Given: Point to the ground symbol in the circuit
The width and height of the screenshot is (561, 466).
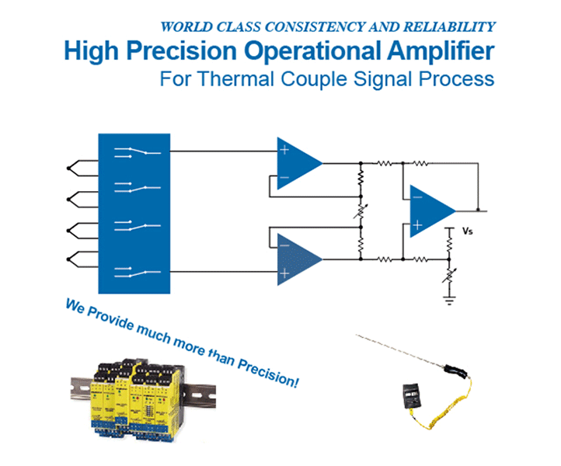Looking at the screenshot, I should click(448, 298).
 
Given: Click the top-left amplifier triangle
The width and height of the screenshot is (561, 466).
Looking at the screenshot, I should click(298, 164).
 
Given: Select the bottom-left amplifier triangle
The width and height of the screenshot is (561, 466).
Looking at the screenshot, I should click(298, 259).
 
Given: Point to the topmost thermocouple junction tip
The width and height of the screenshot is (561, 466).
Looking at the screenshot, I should click(68, 167).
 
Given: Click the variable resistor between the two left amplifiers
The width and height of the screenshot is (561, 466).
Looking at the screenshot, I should click(361, 211).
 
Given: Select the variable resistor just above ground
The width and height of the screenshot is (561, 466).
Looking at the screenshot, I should click(448, 274).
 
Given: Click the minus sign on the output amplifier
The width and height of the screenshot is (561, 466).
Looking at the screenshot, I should click(417, 196).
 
